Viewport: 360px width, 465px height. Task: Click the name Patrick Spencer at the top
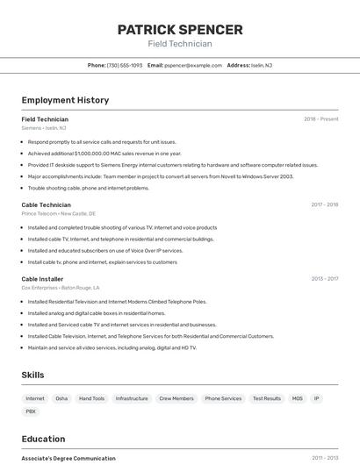[180, 29]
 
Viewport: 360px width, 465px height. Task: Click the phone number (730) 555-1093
[125, 65]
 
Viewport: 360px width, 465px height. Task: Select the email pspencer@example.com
[193, 65]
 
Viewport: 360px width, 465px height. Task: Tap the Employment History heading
[65, 100]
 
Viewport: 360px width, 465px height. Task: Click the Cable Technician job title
[46, 204]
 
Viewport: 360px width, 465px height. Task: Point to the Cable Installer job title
[42, 279]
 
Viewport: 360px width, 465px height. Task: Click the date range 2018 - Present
[320, 118]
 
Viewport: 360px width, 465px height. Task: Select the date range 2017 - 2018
[324, 204]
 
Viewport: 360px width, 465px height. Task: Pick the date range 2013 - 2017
[324, 279]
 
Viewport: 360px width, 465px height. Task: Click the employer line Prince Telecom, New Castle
[58, 213]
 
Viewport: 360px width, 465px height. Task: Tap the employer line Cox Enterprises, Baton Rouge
[60, 288]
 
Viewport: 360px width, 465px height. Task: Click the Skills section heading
[32, 375]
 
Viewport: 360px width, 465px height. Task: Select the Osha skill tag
[61, 398]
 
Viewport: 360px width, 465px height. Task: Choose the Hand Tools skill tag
[91, 398]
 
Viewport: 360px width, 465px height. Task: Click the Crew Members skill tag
[176, 398]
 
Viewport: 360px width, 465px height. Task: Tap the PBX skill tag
[31, 411]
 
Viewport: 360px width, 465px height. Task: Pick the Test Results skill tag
[267, 398]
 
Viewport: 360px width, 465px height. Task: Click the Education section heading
[43, 439]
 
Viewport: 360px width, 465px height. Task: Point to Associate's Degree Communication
[68, 458]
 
